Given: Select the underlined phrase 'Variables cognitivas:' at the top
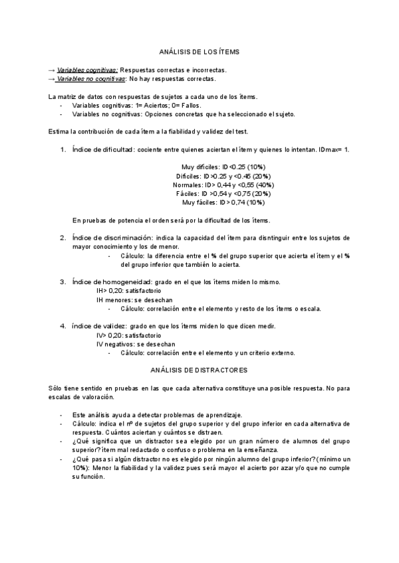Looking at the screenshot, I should click(x=87, y=70).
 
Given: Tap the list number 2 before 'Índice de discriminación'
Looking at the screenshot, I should click(x=63, y=238).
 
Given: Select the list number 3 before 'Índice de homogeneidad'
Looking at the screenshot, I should click(x=63, y=281).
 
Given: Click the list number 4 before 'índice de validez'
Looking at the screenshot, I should click(x=63, y=326).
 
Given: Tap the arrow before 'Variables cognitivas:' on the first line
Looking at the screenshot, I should click(x=52, y=70).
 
